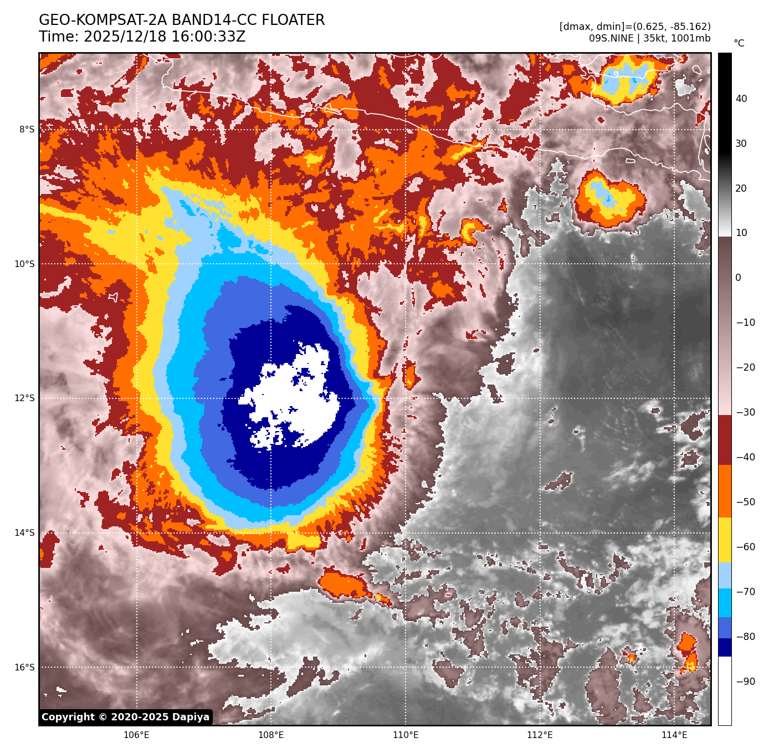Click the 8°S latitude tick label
pyautogui.click(x=27, y=130)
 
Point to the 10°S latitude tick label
pyautogui.click(x=24, y=264)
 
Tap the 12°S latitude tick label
pyautogui.click(x=24, y=398)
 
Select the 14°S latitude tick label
pyautogui.click(x=24, y=533)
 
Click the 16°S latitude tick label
pyautogui.click(x=24, y=667)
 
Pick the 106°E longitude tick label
pyautogui.click(x=136, y=735)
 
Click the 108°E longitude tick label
pyautogui.click(x=271, y=735)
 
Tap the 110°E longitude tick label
pyautogui.click(x=406, y=735)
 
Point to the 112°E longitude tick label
pyautogui.click(x=540, y=735)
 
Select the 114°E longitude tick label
pyautogui.click(x=674, y=735)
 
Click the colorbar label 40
pyautogui.click(x=741, y=99)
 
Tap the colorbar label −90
pyautogui.click(x=745, y=682)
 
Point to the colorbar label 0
pyautogui.click(x=738, y=278)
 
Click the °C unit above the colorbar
pyautogui.click(x=739, y=43)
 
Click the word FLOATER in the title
pyautogui.click(x=293, y=21)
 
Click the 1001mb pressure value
pyautogui.click(x=690, y=38)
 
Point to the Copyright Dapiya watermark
pyautogui.click(x=126, y=717)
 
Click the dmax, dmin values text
pyautogui.click(x=635, y=27)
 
